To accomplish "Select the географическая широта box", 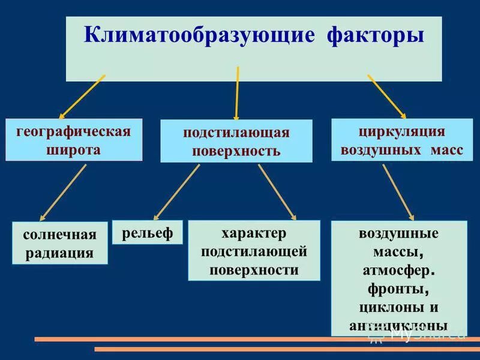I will (x=74, y=140).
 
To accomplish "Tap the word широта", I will (x=73, y=149).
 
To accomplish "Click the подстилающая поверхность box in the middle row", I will (x=236, y=141).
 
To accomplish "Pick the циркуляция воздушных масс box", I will (x=401, y=140).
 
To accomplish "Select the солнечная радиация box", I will (x=60, y=242).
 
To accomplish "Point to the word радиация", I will (x=60, y=253).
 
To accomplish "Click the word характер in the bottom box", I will (x=254, y=232).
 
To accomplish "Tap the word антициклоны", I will (x=398, y=326).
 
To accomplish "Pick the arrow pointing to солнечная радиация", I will (x=63, y=192).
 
